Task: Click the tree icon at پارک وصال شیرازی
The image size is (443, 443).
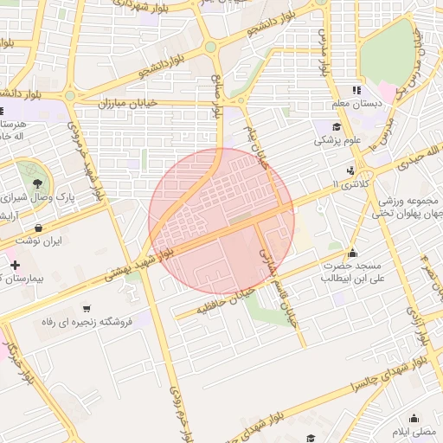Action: click(37, 183)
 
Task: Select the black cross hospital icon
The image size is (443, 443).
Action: click(14, 263)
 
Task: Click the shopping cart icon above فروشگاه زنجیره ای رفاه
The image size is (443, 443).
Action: click(86, 308)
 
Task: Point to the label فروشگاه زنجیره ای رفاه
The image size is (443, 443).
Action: click(86, 322)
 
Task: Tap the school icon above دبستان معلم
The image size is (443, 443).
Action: click(356, 90)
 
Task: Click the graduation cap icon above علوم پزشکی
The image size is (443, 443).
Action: click(337, 126)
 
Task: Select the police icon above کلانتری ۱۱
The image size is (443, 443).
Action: click(351, 171)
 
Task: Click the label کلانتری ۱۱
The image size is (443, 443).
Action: click(348, 185)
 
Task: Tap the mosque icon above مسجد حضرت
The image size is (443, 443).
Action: click(352, 254)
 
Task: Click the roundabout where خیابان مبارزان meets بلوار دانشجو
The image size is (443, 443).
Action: click(70, 96)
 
